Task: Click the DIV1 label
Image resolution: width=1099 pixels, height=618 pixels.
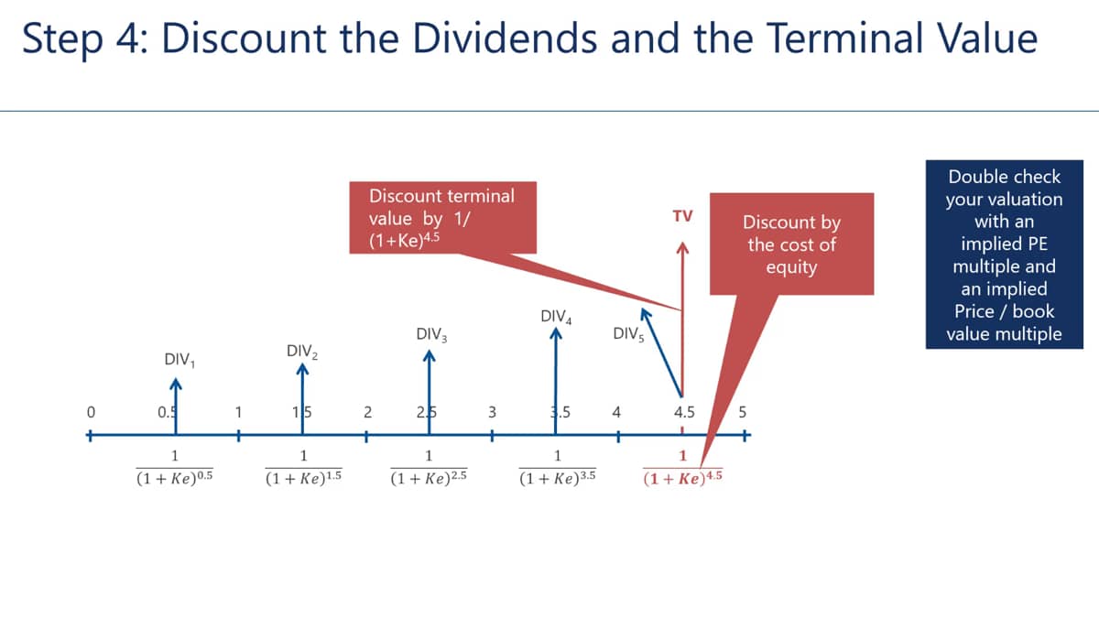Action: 180,360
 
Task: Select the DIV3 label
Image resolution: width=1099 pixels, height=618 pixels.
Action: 431,334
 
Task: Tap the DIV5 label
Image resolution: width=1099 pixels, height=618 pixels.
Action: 628,334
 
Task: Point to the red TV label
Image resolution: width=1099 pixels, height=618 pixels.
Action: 682,216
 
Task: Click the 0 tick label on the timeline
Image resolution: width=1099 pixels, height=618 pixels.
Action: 91,412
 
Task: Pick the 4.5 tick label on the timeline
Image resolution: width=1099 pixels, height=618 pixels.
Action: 684,412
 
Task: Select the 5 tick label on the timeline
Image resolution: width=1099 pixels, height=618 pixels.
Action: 743,412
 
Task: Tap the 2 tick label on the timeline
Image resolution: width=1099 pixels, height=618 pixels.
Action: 367,412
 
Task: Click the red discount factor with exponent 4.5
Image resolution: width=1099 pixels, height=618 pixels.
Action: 682,468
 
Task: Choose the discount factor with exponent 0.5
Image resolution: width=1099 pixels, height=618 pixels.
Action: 175,468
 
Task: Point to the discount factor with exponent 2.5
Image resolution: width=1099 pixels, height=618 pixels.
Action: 429,468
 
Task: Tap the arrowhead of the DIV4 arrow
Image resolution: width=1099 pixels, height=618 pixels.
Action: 555,332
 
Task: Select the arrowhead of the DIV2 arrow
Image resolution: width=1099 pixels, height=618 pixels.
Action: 302,368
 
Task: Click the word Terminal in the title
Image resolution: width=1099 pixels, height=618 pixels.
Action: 844,38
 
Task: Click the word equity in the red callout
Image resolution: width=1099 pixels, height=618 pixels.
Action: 791,267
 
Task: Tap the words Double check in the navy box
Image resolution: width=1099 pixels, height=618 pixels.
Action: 1004,177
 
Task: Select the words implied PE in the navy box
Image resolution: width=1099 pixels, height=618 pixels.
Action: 1004,244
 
